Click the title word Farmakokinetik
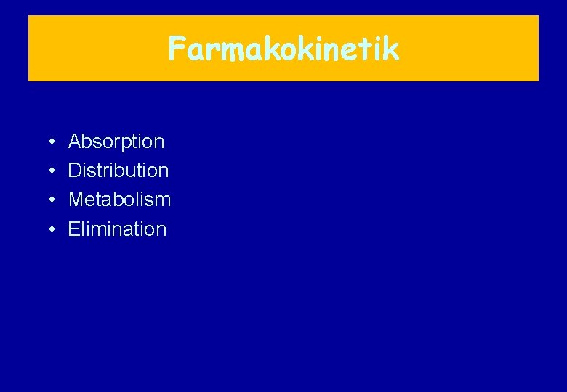(x=283, y=49)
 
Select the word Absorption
(x=116, y=142)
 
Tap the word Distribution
(x=118, y=171)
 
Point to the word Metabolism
(x=119, y=200)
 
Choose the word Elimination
(x=117, y=229)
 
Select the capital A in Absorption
(x=75, y=142)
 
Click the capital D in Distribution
(x=75, y=171)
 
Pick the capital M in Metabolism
(x=76, y=200)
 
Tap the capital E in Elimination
(x=74, y=229)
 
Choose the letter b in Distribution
(x=125, y=171)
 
